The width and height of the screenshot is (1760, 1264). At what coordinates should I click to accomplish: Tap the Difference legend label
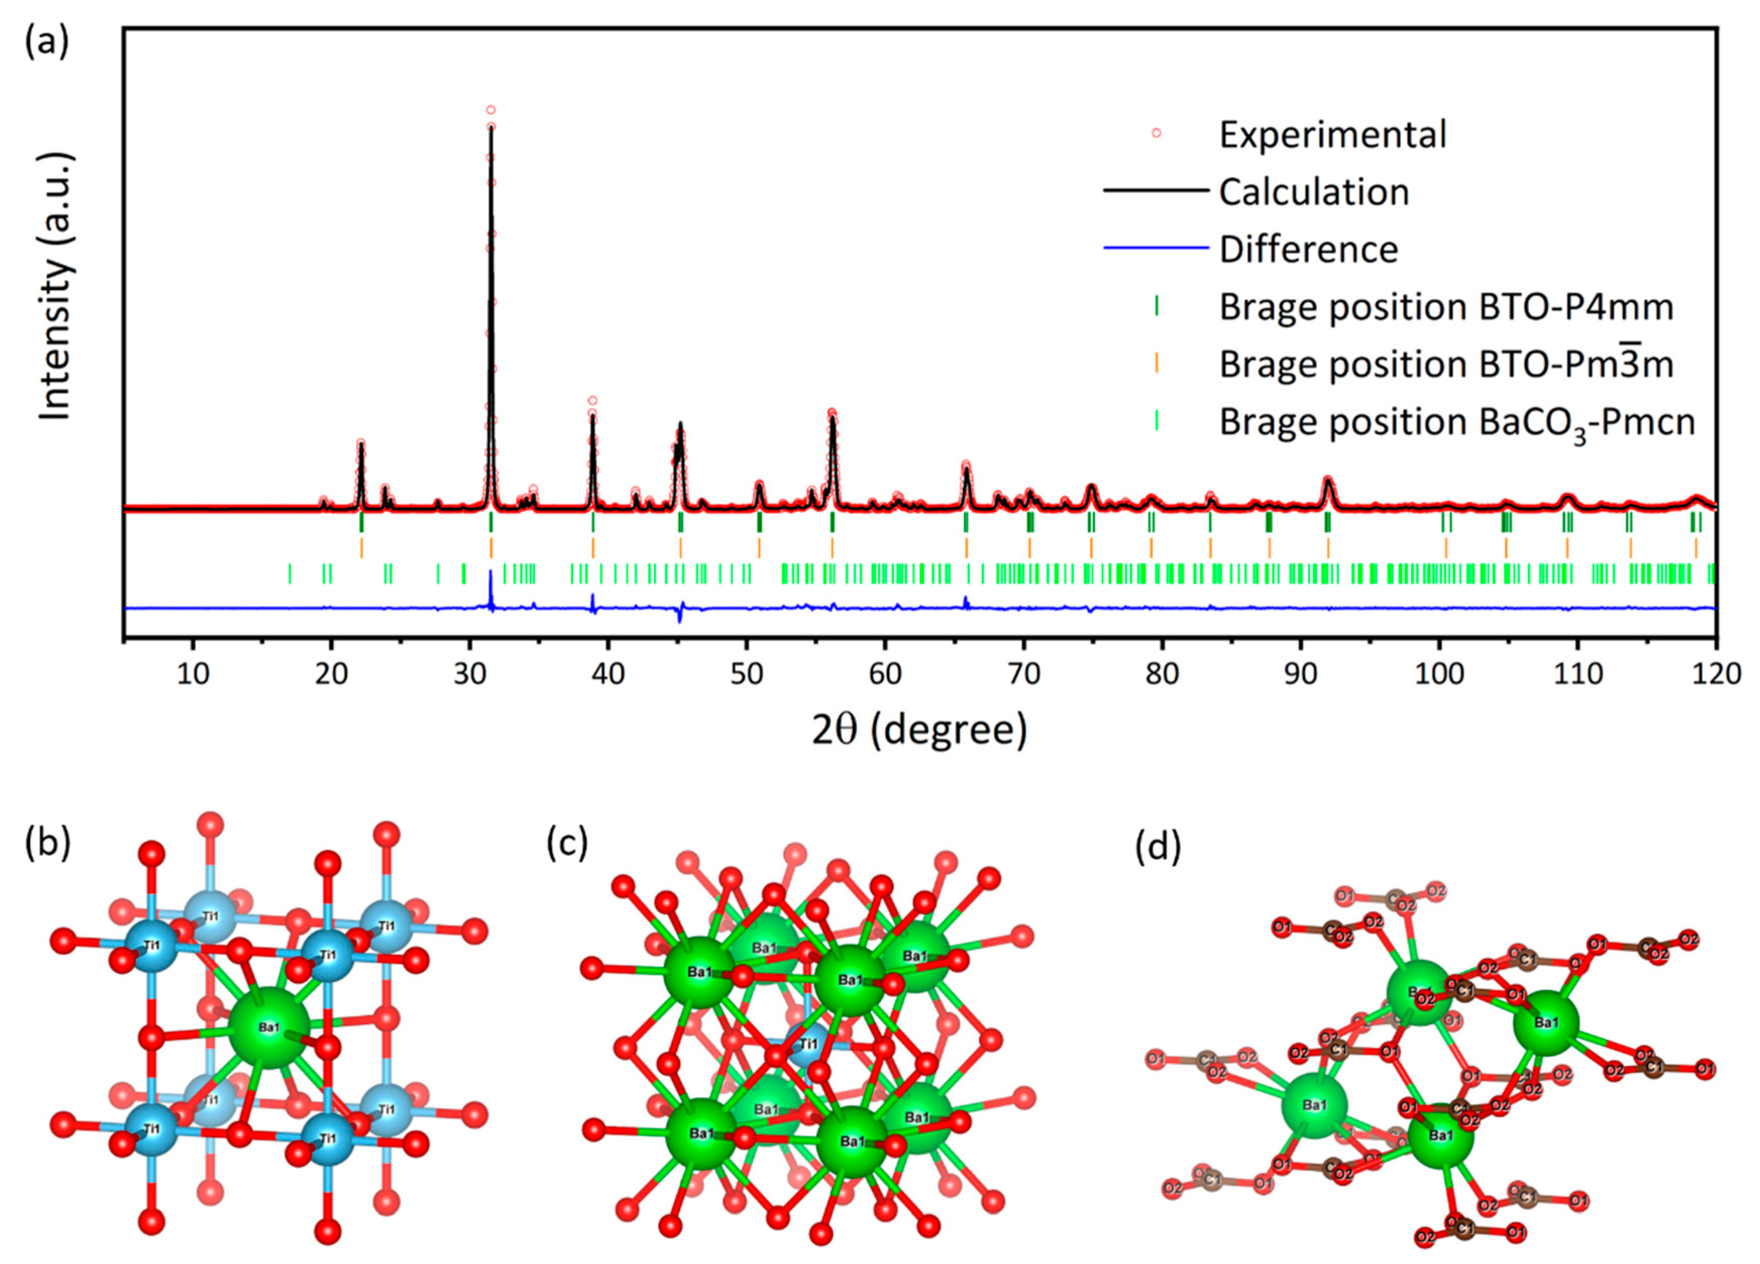pyautogui.click(x=1308, y=250)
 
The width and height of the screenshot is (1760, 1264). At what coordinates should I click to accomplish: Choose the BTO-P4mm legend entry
pyautogui.click(x=1445, y=307)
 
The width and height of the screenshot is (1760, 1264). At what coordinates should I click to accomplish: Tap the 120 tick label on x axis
pyautogui.click(x=1716, y=673)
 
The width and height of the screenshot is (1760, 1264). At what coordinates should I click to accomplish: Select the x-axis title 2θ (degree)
pyautogui.click(x=919, y=729)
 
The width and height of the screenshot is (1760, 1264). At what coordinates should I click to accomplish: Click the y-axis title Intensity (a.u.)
pyautogui.click(x=56, y=287)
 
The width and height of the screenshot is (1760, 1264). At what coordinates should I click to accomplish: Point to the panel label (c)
pyautogui.click(x=567, y=843)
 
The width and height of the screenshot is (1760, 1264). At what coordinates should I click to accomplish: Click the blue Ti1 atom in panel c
pyautogui.click(x=807, y=1044)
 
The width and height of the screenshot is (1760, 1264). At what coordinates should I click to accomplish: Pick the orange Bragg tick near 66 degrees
pyautogui.click(x=967, y=548)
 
